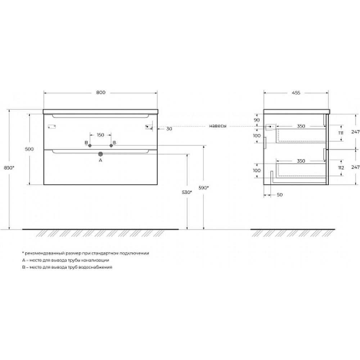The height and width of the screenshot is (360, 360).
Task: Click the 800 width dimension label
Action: point(101,93)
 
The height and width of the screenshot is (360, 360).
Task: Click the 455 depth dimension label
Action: point(296,93)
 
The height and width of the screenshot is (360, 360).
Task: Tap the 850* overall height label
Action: point(9,168)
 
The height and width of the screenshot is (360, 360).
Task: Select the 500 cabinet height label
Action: point(30,149)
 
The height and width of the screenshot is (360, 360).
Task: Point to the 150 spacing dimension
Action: point(100,135)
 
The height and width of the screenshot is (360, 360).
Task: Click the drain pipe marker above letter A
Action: point(100,154)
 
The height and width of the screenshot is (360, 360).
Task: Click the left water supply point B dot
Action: point(90,145)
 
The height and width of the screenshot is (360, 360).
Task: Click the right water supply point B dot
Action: point(111,145)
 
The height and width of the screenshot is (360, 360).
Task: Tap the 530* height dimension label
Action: point(186,192)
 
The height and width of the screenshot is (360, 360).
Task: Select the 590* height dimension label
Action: point(203,188)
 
